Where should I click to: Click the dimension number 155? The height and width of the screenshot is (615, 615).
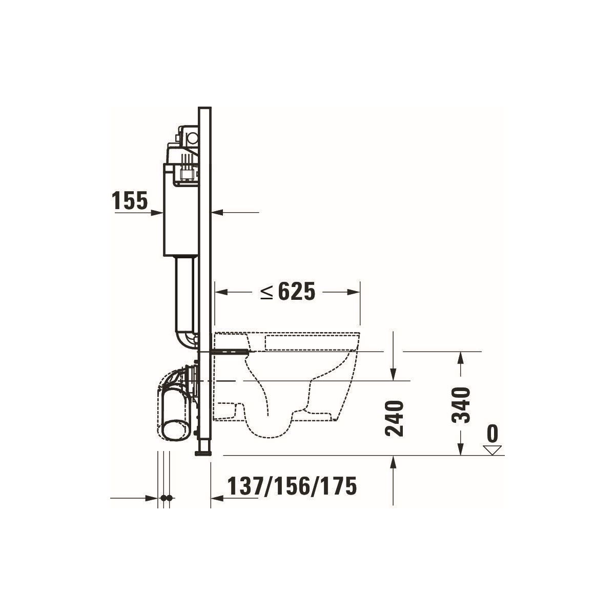click(130, 201)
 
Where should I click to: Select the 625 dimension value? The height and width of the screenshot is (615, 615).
click(297, 292)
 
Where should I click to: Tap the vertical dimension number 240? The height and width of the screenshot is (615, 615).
click(395, 418)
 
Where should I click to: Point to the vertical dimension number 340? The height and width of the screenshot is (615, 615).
click(461, 405)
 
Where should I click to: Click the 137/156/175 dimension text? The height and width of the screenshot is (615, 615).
click(292, 486)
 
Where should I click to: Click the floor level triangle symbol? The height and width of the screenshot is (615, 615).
click(493, 450)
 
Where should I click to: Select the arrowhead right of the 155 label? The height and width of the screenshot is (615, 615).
click(157, 213)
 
